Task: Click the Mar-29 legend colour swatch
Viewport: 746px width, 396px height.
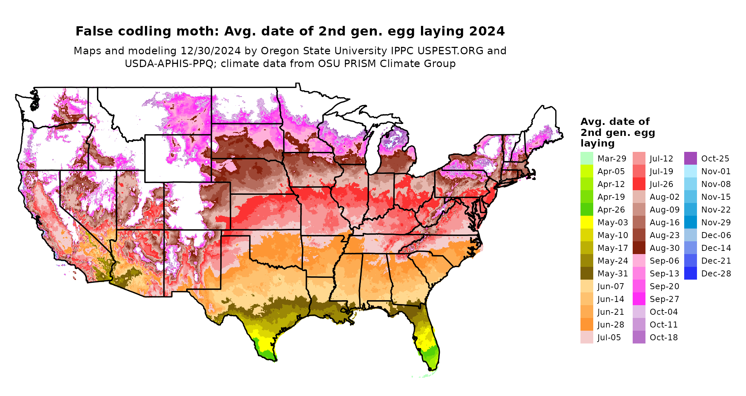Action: [x=586, y=158]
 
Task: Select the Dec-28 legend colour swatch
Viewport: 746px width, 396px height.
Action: [x=690, y=273]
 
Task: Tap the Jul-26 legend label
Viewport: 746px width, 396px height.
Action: [x=661, y=184]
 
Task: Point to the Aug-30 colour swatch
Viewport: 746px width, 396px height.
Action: [x=639, y=248]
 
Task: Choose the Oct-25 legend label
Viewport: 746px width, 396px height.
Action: [x=715, y=159]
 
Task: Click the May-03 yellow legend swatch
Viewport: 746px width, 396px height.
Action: [x=586, y=222]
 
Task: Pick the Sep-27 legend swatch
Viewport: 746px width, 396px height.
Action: [x=639, y=299]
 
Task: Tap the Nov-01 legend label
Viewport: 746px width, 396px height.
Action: [x=716, y=171]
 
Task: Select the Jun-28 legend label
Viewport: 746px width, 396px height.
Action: [x=611, y=325]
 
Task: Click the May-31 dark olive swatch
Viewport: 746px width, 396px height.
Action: [x=586, y=273]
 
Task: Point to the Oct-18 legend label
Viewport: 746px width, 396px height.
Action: [x=664, y=337]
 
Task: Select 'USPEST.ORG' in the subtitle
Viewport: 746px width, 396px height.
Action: [x=450, y=51]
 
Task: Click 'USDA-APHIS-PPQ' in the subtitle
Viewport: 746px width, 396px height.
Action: [x=169, y=64]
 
